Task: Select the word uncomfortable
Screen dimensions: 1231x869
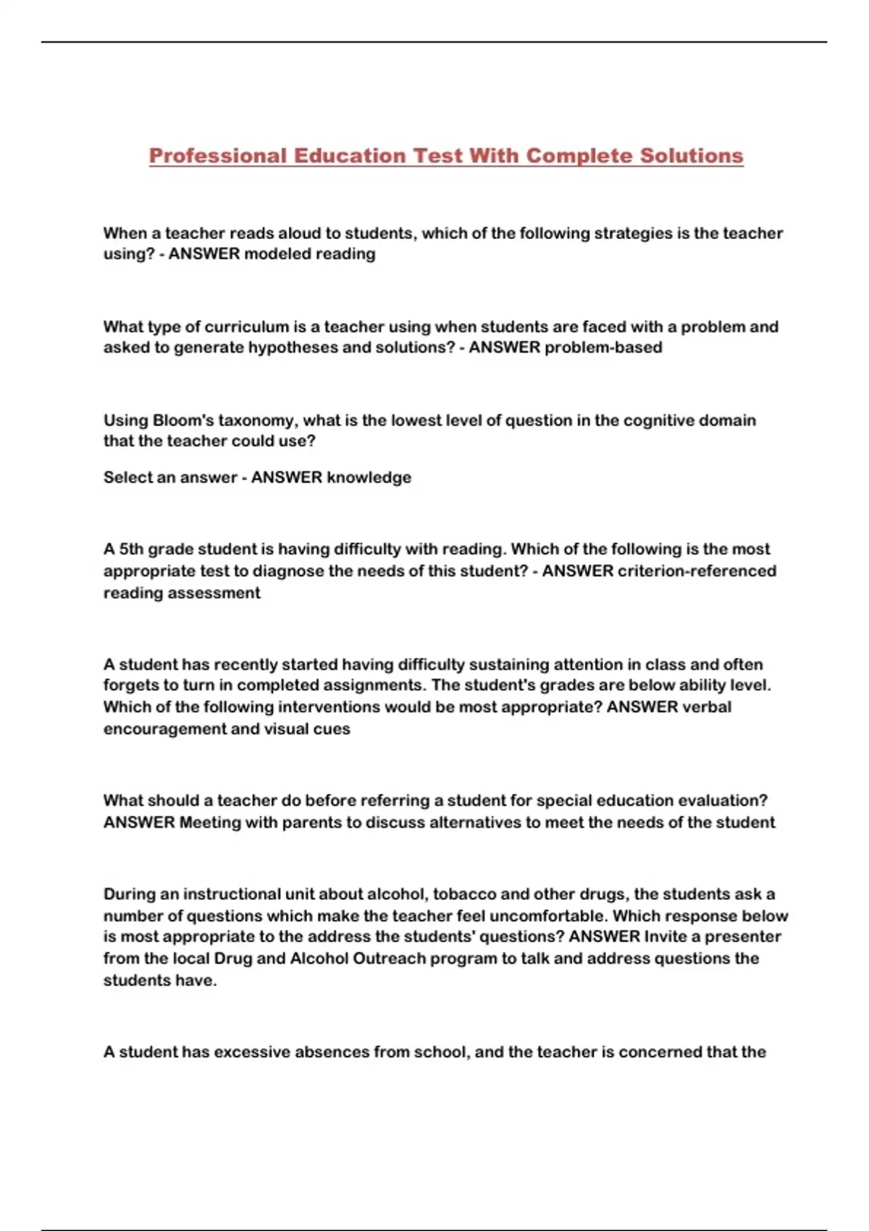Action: point(548,916)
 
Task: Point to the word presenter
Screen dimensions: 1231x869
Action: point(743,937)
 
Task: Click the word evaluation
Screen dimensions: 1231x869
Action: point(722,801)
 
